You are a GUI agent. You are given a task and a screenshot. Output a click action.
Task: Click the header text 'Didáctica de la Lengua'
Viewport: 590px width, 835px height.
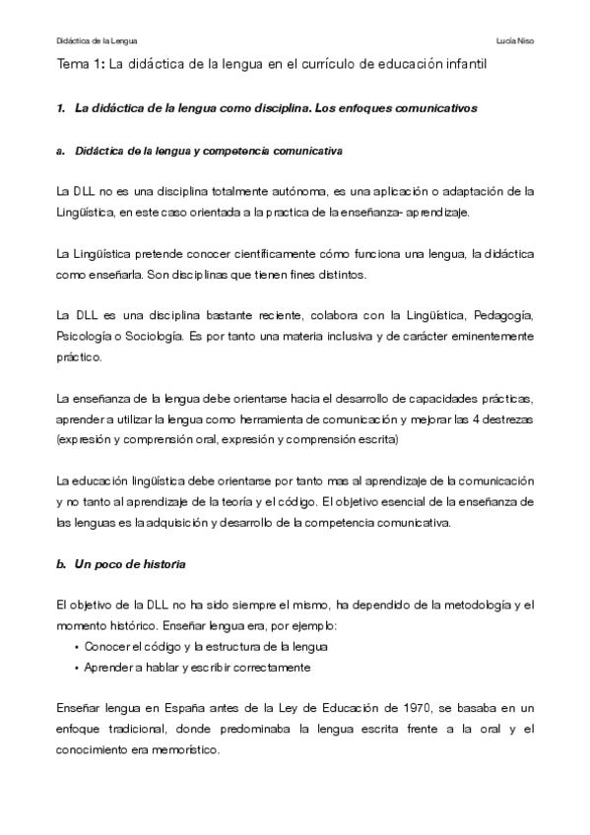pos(98,40)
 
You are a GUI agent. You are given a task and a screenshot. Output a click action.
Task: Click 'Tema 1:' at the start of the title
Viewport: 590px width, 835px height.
pos(80,65)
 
